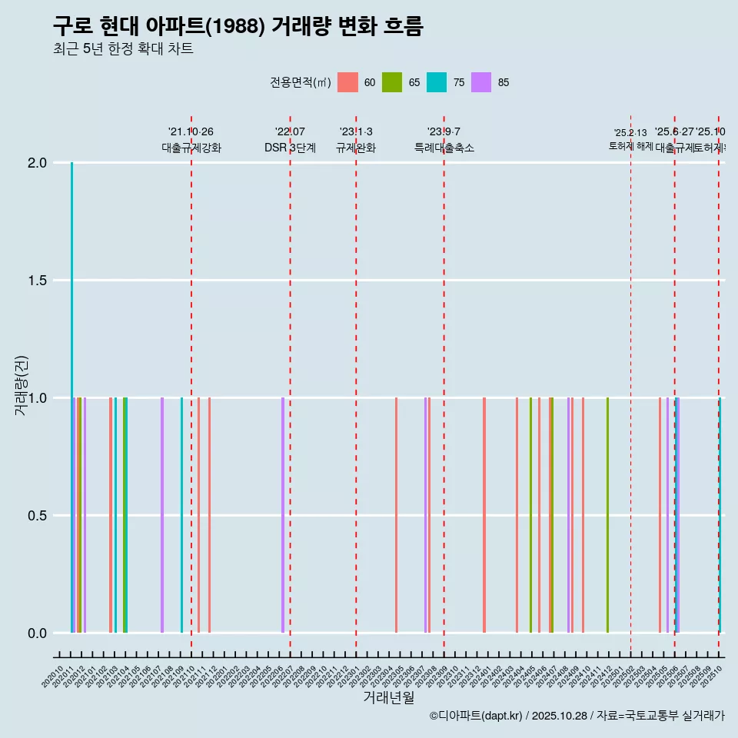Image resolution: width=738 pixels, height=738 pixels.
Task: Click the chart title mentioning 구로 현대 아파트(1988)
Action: tap(238, 26)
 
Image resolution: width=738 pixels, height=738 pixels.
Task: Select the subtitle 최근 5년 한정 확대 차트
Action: tap(122, 49)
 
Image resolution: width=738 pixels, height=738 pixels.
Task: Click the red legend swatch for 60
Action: tap(348, 82)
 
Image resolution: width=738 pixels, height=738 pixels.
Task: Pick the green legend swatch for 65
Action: tap(392, 82)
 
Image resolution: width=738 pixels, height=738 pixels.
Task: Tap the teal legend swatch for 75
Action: tap(437, 82)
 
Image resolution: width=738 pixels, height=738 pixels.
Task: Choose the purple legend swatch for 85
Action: tap(481, 82)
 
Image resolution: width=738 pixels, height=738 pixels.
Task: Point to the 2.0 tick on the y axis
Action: tap(38, 163)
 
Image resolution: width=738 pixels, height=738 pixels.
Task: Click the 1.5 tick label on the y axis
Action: tap(38, 281)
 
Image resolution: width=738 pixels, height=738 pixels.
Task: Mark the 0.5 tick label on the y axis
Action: tap(38, 516)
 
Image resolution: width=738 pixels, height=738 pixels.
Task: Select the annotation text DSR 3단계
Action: tap(290, 148)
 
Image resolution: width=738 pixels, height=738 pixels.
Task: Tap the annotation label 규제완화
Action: tap(356, 148)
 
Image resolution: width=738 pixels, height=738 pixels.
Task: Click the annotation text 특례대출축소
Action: tap(444, 148)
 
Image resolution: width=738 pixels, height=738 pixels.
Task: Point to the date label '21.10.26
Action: tap(191, 131)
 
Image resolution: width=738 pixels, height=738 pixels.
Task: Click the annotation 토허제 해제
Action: tap(630, 145)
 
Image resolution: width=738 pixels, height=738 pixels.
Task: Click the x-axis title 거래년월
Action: tap(388, 697)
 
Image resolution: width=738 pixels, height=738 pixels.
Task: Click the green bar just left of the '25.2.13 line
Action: tap(607, 515)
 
